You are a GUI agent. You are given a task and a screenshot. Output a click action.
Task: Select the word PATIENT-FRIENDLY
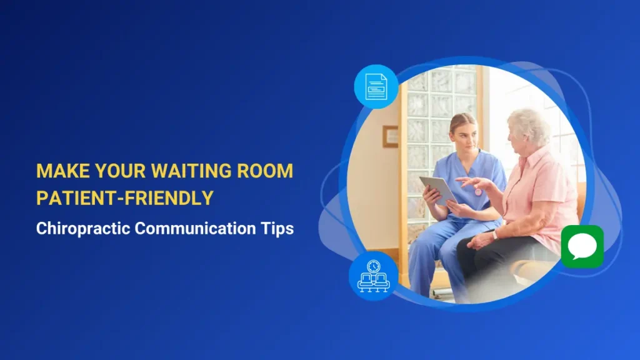[125, 198]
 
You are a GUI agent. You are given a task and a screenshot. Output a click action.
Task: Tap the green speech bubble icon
[582, 246]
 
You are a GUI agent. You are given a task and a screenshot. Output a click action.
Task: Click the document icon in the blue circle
[376, 87]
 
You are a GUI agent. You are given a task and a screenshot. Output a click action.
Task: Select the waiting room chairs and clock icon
[373, 276]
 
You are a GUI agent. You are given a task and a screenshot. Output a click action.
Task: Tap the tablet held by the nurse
[437, 189]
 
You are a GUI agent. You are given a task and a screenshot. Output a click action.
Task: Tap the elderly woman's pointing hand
[471, 182]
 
